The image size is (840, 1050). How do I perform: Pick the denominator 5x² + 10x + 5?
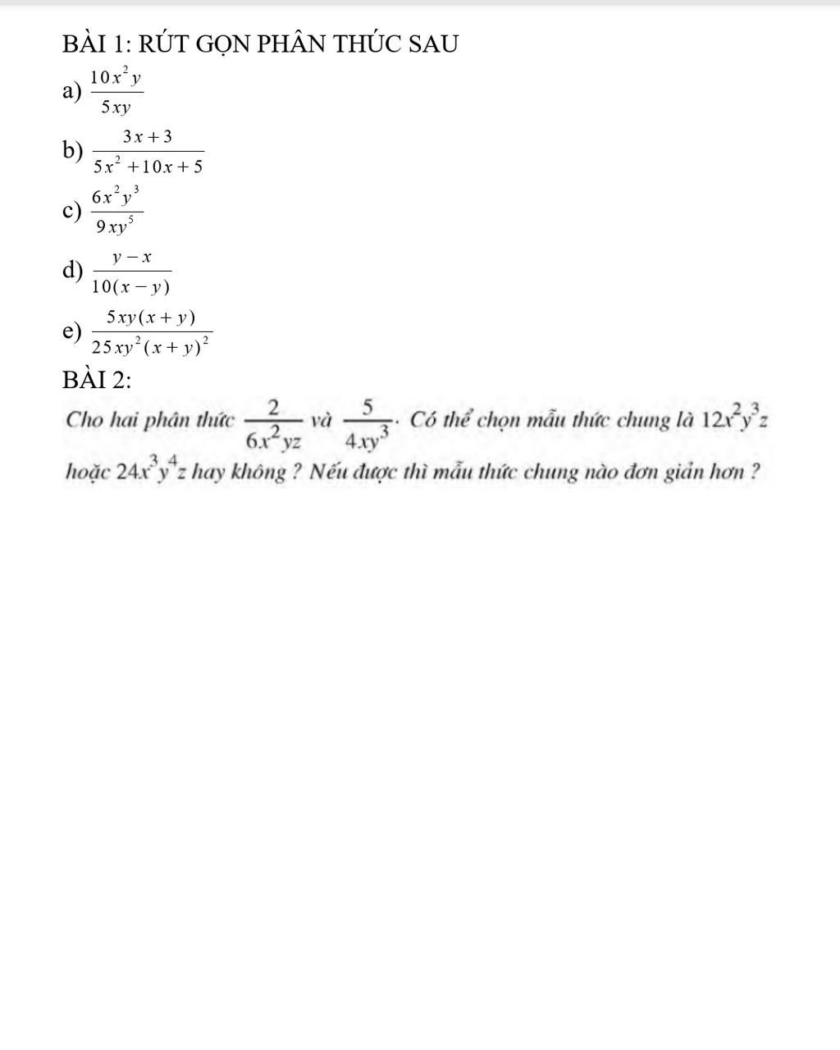coord(148,167)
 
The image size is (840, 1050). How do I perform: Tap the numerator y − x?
coord(132,258)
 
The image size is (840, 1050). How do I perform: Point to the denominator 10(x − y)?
coord(131,286)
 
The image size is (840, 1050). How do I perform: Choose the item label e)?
coord(72,331)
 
